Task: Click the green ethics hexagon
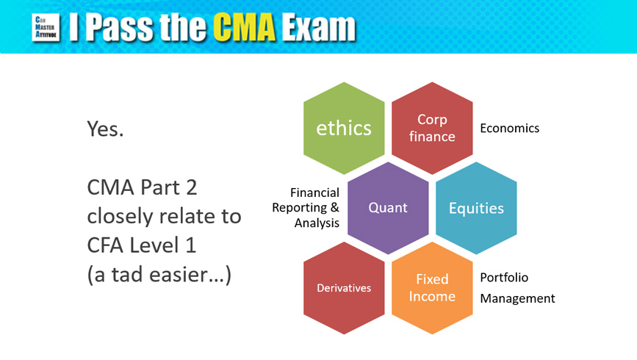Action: click(344, 128)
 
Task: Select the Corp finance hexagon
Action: click(432, 128)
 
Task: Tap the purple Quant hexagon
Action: click(388, 208)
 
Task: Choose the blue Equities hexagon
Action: click(476, 208)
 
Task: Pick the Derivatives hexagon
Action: click(344, 288)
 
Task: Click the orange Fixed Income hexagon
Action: click(432, 288)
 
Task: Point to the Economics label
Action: click(509, 128)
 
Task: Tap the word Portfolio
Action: click(504, 278)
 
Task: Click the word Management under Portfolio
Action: click(517, 298)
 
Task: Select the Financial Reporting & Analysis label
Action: click(306, 208)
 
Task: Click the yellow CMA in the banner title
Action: click(244, 27)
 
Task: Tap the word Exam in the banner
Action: click(319, 27)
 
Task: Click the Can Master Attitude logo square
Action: click(46, 28)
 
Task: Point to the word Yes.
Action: click(105, 129)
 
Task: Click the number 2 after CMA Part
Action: click(190, 187)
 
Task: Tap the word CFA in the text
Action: click(105, 245)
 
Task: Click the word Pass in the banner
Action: click(120, 27)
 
